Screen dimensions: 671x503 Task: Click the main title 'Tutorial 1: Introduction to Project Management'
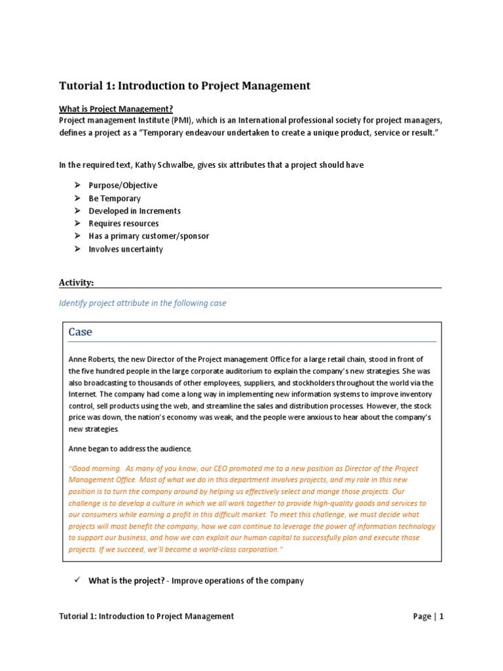click(x=185, y=86)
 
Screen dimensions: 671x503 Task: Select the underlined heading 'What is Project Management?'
click(x=116, y=109)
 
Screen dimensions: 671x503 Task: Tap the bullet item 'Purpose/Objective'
click(x=123, y=185)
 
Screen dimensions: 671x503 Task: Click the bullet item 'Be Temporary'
click(x=115, y=199)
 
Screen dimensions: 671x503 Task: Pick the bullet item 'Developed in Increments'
click(x=134, y=211)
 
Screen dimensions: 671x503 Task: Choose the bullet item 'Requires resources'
click(x=124, y=223)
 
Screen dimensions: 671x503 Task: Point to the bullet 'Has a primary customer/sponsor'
click(x=149, y=236)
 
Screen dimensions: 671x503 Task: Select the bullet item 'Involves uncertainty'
click(x=126, y=249)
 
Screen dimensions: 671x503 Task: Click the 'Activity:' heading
click(x=77, y=282)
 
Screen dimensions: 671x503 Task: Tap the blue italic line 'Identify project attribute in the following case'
click(x=143, y=303)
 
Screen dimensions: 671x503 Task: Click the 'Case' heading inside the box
click(x=81, y=332)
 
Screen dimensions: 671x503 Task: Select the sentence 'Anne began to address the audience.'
click(x=130, y=449)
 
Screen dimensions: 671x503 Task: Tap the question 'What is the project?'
click(x=127, y=581)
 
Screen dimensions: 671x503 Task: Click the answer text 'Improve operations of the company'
click(x=238, y=581)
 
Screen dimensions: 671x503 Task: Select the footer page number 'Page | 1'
click(x=428, y=616)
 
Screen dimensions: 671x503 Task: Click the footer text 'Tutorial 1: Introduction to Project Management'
click(x=147, y=616)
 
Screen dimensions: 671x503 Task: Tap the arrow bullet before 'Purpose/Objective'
click(x=76, y=185)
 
